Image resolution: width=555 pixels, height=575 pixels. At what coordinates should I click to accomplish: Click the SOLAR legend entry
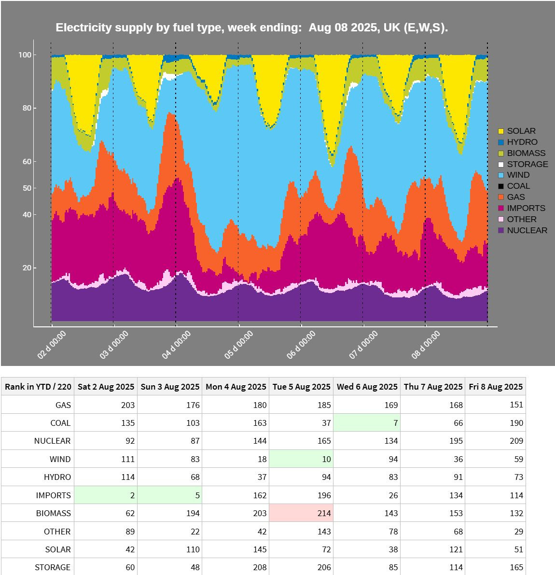click(x=521, y=131)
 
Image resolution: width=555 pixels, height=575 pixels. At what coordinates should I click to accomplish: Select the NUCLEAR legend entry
click(x=527, y=230)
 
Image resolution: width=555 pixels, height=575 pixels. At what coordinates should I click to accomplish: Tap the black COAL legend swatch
click(x=501, y=186)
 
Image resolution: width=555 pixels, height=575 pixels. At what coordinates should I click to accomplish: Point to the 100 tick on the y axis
click(x=25, y=55)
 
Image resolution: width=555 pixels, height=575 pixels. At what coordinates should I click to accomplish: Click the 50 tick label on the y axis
click(x=27, y=188)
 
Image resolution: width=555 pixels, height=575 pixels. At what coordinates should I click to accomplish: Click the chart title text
click(x=252, y=28)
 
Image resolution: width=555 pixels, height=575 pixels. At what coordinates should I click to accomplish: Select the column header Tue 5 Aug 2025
click(x=301, y=387)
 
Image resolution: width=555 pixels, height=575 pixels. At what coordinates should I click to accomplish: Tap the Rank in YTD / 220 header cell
click(x=38, y=387)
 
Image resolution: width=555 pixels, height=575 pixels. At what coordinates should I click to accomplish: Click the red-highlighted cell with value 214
click(x=301, y=513)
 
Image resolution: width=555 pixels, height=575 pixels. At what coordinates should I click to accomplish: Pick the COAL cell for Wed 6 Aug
click(x=367, y=423)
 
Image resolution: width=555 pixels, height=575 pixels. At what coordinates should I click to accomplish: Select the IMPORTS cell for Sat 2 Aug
click(x=106, y=495)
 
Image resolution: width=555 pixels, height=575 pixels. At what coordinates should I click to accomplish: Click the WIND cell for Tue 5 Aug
click(x=301, y=459)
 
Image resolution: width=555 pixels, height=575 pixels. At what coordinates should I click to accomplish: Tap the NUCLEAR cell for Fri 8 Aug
click(x=495, y=441)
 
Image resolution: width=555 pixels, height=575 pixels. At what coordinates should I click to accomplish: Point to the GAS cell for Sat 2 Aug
click(x=106, y=405)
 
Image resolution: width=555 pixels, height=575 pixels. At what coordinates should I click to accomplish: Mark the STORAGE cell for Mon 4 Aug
click(x=236, y=567)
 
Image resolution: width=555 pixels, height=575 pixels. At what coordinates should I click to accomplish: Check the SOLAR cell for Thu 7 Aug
click(x=433, y=549)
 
